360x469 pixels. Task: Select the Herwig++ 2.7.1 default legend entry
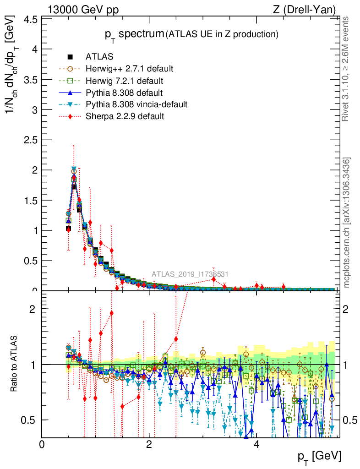click(129, 69)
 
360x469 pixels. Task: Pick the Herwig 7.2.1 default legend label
click(125, 81)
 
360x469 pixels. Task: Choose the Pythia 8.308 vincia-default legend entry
click(136, 104)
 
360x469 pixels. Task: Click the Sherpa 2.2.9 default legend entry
click(125, 116)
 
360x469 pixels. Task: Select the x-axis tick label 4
click(256, 444)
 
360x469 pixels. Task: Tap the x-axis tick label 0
click(42, 444)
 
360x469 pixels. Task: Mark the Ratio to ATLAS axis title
click(15, 364)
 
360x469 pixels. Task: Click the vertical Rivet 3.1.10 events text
click(346, 69)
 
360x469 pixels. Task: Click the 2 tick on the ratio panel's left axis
click(33, 309)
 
